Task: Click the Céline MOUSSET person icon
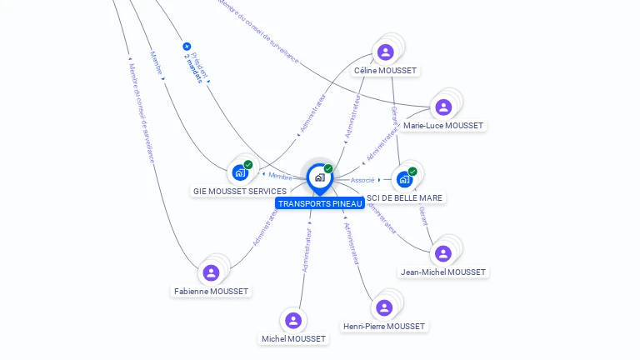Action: pos(385,52)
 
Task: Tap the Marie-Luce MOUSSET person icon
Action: pos(443,107)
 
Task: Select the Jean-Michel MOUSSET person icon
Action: pos(443,253)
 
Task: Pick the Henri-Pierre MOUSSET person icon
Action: pos(383,307)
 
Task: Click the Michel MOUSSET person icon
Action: pos(292,320)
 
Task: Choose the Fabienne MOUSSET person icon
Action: pos(211,272)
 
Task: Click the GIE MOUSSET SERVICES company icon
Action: pos(240,172)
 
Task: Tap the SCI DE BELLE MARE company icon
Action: pos(404,179)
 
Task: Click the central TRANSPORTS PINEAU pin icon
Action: pos(319,177)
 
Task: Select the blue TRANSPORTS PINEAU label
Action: pos(320,203)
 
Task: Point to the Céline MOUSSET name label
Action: pos(385,71)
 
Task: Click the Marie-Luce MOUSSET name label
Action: pos(443,126)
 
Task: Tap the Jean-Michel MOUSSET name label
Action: pos(443,272)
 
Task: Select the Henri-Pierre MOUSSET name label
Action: pos(383,327)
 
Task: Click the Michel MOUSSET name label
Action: pos(293,339)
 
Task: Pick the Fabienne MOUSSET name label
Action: pos(211,292)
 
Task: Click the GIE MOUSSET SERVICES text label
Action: pos(239,192)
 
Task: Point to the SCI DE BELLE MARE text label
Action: pos(405,198)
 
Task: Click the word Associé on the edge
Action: pos(362,180)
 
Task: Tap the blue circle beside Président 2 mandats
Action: pos(187,47)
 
